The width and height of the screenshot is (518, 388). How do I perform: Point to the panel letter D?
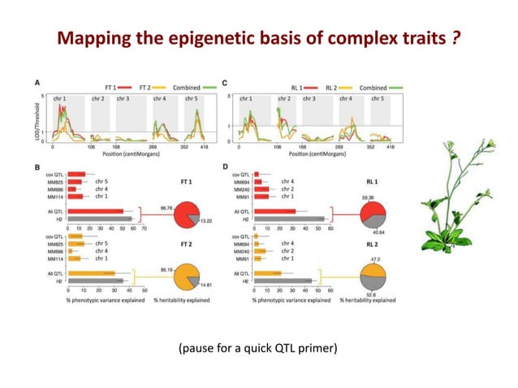pos(223,167)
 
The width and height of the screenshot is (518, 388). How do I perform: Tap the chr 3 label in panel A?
pos(122,98)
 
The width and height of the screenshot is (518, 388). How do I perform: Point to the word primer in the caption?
pos(318,351)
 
